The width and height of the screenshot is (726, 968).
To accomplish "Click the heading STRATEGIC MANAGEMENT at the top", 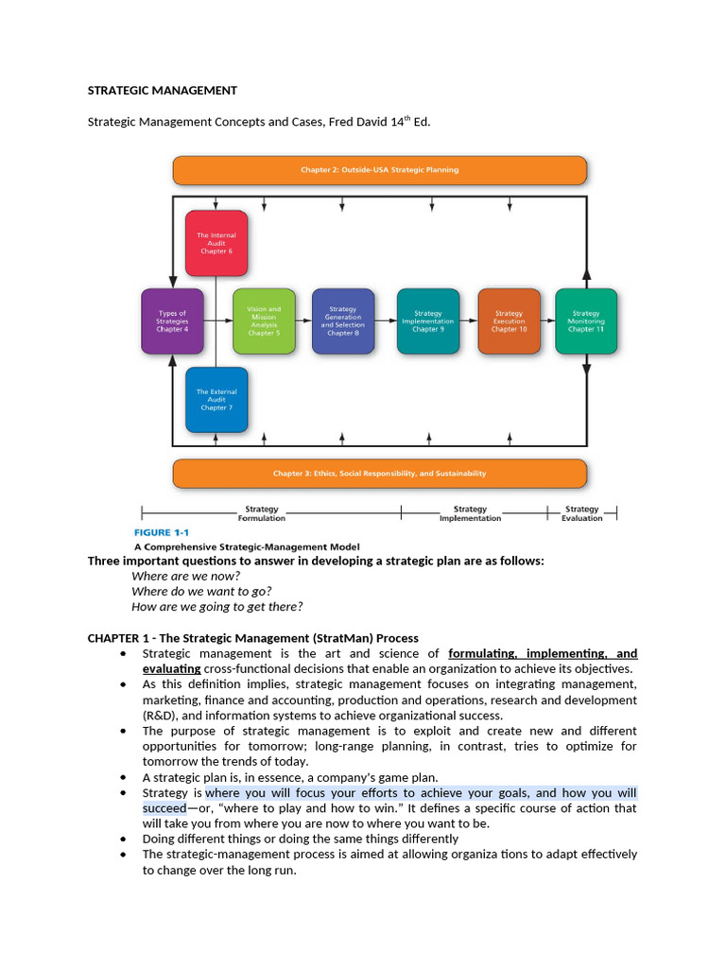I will click(163, 91).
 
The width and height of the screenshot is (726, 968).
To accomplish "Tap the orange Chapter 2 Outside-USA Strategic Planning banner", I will click(379, 170).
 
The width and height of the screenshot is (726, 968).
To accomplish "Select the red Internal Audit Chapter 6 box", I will click(216, 243).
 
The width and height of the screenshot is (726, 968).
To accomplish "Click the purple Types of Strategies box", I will click(172, 321).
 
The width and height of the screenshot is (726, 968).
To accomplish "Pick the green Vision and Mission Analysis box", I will click(264, 321).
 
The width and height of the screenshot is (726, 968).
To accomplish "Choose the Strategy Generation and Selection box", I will click(343, 321).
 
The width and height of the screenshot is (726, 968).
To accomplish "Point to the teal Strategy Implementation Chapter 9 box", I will click(428, 321).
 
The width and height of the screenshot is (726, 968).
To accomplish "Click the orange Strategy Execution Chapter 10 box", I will click(509, 321).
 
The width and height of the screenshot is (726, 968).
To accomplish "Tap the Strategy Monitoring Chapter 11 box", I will click(586, 321).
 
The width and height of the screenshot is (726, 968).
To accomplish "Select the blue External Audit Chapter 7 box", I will click(216, 399).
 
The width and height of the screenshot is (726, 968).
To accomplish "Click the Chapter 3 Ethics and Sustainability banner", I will click(379, 473).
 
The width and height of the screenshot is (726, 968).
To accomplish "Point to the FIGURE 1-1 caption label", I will click(164, 531).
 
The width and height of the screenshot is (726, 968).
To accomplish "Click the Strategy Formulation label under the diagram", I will click(262, 513).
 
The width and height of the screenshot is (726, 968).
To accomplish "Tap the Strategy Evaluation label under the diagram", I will click(582, 513).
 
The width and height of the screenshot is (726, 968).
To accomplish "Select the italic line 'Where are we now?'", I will click(185, 576).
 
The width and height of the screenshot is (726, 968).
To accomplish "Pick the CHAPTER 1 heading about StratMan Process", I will click(252, 638).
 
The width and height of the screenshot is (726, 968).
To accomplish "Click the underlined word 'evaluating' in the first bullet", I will click(171, 668).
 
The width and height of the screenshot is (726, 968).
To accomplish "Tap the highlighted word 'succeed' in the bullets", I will click(164, 808).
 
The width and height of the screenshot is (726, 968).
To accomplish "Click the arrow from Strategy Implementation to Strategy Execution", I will click(469, 321).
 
